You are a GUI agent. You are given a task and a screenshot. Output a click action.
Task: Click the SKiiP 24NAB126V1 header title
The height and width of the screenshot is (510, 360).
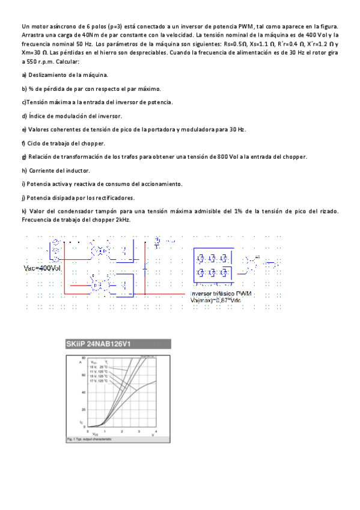coord(99,345)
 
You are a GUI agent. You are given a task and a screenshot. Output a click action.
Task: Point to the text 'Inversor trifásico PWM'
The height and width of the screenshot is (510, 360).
coord(221,293)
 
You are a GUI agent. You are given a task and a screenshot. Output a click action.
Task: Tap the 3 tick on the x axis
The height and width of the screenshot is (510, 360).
coord(139,432)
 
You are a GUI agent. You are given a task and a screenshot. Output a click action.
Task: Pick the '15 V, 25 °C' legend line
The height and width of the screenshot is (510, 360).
coord(99,367)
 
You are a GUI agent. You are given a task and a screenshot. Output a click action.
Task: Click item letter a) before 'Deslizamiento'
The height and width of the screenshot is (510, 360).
coord(24,75)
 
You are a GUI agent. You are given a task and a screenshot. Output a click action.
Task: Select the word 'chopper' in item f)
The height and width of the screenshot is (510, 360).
coord(90,143)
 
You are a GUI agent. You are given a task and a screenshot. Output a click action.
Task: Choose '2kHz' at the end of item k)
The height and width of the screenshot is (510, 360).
coord(123,220)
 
